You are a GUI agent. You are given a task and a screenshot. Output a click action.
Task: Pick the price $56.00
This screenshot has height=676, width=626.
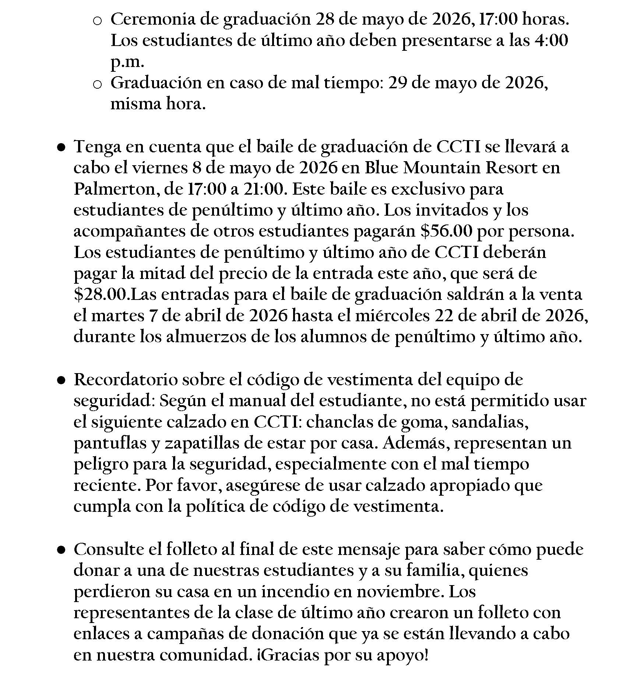tap(446, 232)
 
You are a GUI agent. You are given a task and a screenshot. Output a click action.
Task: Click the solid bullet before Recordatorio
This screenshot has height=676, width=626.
tap(61, 380)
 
